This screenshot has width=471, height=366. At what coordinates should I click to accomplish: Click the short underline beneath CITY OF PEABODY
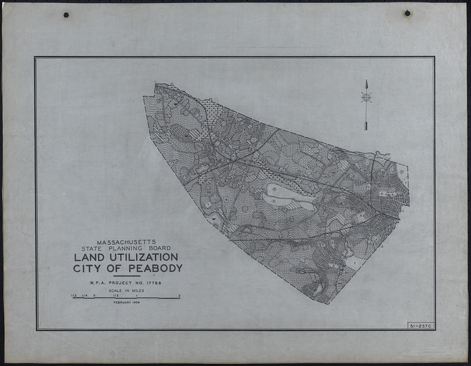coord(126,276)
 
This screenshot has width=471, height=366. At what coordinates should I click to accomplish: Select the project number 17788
coord(151,283)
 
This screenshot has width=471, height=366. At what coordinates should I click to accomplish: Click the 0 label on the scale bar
coord(94,295)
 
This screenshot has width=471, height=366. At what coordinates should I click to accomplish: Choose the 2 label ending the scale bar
coord(179,295)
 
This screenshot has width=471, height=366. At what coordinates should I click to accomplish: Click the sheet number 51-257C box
coord(420,325)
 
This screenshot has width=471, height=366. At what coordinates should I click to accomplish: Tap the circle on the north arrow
coord(366,97)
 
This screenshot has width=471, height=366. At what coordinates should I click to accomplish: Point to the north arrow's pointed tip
coord(366,81)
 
